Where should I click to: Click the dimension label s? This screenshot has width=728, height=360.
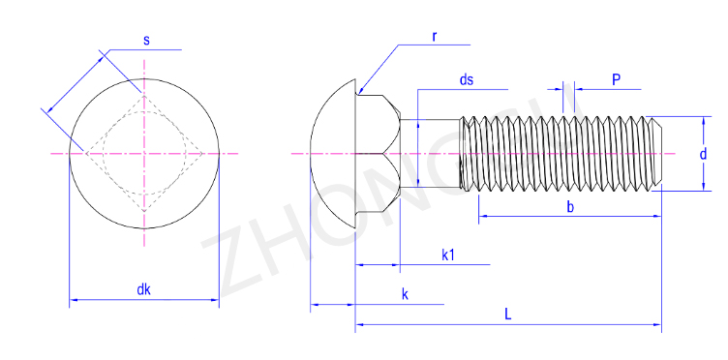tap(147, 41)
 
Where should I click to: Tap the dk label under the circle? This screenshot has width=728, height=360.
tap(144, 290)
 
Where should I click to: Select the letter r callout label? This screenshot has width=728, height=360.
tap(435, 37)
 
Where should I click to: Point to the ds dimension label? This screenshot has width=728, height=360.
tap(467, 79)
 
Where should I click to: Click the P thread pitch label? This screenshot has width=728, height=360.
tap(616, 79)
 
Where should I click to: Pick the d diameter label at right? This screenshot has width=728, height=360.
tap(704, 154)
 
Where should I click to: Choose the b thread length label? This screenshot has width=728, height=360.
tap(570, 207)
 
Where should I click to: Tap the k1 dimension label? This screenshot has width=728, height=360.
tap(447, 255)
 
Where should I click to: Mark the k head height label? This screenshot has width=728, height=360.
tap(405, 294)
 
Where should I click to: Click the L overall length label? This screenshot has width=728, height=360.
tap(508, 315)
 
